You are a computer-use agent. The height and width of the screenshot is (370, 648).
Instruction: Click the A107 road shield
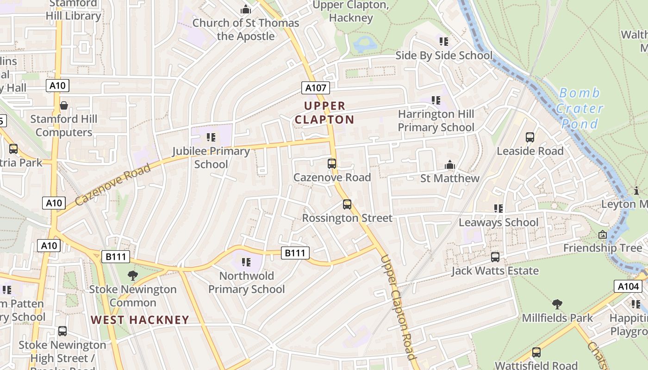point(316,88)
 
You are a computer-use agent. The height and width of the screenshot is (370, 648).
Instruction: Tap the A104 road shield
point(628,286)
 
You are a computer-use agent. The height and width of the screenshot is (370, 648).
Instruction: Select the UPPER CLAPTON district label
point(324,113)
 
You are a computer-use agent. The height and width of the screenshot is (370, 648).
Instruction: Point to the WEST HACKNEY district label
point(140,320)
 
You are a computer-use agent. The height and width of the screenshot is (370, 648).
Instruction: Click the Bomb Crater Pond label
point(579,108)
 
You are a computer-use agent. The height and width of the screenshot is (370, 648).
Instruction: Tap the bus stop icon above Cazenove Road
point(331,163)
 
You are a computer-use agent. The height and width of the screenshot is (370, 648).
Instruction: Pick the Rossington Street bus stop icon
point(347,204)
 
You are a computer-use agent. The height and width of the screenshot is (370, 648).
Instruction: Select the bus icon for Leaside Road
point(530,137)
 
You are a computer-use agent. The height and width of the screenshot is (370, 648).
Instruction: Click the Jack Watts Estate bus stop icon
point(495,257)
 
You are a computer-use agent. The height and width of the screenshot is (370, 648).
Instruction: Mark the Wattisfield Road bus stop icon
point(536,352)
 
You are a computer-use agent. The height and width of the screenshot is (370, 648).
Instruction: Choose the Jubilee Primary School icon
point(211,137)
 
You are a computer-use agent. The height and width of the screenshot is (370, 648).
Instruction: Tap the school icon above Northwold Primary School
point(246,262)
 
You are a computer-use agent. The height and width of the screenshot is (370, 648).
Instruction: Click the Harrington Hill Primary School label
point(436,120)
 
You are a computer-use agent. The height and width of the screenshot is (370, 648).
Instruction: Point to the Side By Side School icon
point(444,42)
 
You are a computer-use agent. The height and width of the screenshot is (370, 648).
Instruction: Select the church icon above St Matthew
point(449,165)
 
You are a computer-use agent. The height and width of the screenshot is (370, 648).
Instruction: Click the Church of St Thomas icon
point(246,9)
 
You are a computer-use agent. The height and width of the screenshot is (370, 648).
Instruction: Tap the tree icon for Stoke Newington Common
point(133,276)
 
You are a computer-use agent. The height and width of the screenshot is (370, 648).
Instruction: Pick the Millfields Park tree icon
point(557,304)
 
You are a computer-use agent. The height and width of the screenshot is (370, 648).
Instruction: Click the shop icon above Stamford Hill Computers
point(64,105)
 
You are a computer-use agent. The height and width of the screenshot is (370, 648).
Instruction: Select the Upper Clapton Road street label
point(397,307)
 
